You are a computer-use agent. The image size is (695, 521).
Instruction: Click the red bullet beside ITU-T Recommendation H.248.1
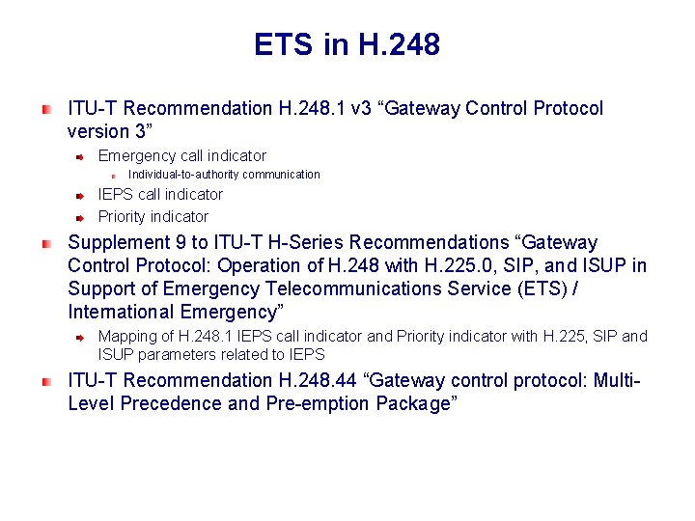click(x=46, y=109)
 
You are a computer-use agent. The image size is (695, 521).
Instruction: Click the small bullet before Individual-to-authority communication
click(x=113, y=176)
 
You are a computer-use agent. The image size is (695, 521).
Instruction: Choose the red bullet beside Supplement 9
click(x=46, y=243)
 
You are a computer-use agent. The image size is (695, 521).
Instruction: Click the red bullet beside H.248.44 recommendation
click(x=46, y=381)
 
